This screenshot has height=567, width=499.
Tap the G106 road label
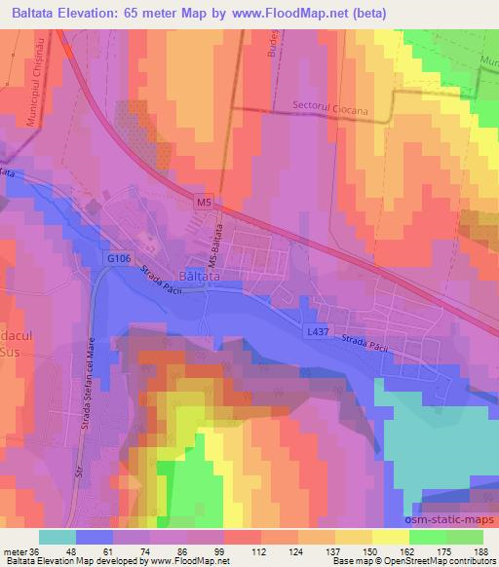point(119,257)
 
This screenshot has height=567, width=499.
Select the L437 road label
point(318,332)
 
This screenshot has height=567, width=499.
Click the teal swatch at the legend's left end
point(56,537)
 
